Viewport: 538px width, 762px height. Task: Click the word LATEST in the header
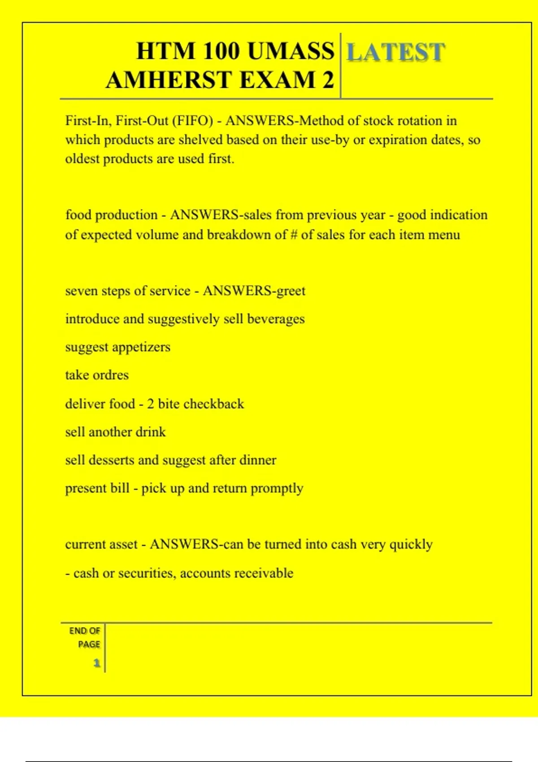click(x=396, y=52)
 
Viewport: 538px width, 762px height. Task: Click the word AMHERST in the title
click(x=169, y=80)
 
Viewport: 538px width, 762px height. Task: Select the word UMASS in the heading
click(x=291, y=51)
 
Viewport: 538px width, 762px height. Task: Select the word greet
click(x=291, y=291)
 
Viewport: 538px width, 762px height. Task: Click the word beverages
click(x=276, y=319)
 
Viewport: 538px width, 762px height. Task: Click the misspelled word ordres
click(x=112, y=375)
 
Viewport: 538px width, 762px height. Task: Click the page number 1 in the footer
click(x=96, y=663)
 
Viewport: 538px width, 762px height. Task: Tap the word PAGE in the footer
click(x=89, y=645)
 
